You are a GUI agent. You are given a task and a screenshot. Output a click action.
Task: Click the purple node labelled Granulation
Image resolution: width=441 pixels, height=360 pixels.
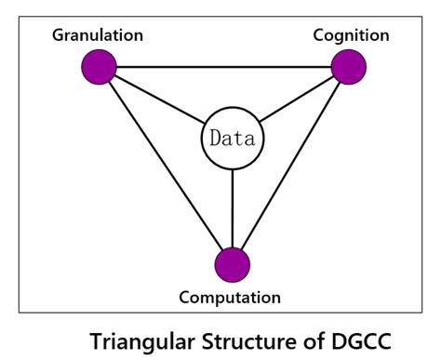coord(99,67)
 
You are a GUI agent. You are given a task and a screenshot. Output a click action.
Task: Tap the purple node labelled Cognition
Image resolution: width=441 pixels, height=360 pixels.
coord(348,67)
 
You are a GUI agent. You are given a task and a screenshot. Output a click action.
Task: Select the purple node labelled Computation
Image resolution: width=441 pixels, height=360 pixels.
coord(232,263)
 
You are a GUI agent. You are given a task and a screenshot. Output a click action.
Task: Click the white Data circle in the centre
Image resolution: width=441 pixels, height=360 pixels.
coord(232,141)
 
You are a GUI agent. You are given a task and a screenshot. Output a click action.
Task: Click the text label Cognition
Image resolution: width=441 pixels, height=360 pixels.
coord(352,35)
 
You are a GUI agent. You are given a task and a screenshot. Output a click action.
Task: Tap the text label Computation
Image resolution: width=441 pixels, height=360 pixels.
coord(231,298)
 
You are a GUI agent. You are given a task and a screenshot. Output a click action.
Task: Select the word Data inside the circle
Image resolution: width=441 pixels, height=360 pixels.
coord(233,141)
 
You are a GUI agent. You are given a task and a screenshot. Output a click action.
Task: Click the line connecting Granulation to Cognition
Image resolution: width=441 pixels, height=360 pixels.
coord(223,67)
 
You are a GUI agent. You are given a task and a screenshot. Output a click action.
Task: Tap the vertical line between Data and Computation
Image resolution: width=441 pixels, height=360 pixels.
coord(232,208)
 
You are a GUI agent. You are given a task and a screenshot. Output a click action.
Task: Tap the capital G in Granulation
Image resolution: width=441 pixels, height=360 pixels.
coord(58,35)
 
